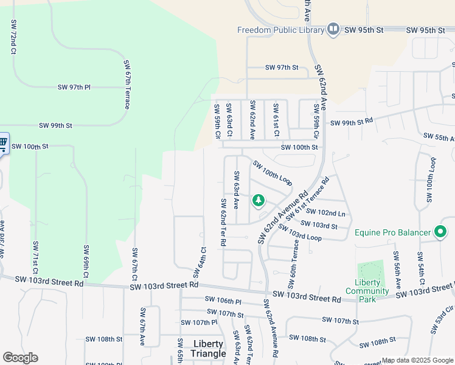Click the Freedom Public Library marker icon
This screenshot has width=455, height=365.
tap(333, 29)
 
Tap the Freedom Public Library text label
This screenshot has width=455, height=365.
tap(281, 30)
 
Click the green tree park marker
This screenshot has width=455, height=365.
tap(259, 200)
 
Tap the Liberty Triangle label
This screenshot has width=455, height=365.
tap(208, 349)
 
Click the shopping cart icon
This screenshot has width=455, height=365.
tap(2, 144)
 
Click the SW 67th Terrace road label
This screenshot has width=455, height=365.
tap(127, 85)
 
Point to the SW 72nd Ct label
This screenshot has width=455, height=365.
tap(13, 36)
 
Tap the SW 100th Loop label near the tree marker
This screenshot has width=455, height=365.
tap(273, 173)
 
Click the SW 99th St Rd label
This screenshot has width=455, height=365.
tap(351, 122)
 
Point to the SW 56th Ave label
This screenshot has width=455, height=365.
tap(397, 270)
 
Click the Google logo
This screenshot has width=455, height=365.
tap(20, 358)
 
